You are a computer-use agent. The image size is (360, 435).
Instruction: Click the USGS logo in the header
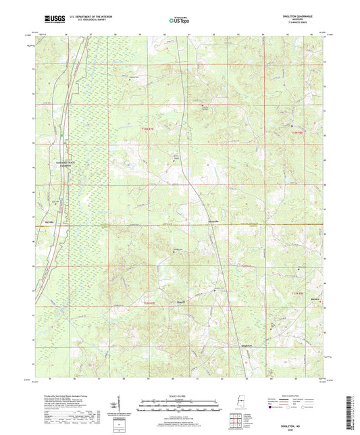pos(49,19)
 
